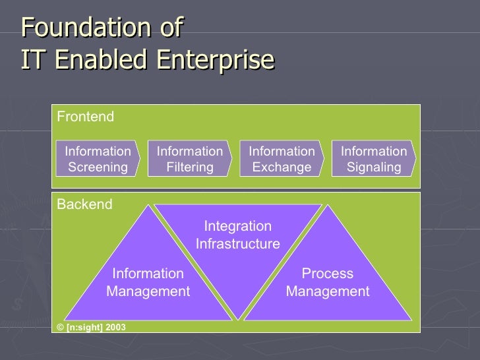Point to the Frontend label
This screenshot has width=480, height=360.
tap(85, 117)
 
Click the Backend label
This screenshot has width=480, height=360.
tap(84, 204)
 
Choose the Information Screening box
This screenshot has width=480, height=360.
tap(98, 159)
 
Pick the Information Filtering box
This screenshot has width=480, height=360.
tap(190, 159)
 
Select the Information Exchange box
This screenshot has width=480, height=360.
tap(282, 159)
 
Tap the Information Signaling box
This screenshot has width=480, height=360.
tap(374, 159)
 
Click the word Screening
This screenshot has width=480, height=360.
tap(98, 167)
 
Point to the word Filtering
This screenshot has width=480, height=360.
tap(190, 167)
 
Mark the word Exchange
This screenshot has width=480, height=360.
tap(282, 167)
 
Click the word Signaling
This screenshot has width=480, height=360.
tap(374, 167)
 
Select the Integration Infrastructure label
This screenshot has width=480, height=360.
tap(238, 235)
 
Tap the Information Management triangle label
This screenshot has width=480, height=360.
tap(148, 282)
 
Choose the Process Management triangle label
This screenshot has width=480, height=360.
tap(328, 282)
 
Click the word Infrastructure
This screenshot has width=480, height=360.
tap(238, 244)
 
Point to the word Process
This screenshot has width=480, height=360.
tap(328, 274)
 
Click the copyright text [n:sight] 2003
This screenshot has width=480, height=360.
tap(91, 327)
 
